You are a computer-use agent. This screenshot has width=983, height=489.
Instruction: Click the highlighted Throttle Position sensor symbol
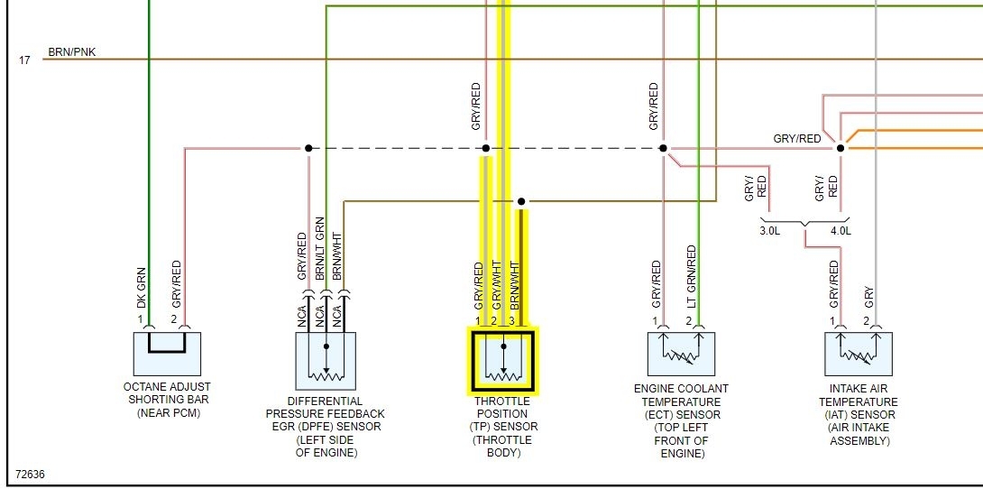tap(502, 362)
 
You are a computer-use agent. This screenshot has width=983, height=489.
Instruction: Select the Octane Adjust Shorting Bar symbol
tap(167, 354)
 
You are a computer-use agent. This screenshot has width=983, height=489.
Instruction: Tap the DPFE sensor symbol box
tap(326, 361)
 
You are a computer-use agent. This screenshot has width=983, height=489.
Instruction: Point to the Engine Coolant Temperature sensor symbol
tap(681, 354)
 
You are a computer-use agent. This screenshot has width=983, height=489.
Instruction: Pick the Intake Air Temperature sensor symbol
tap(859, 354)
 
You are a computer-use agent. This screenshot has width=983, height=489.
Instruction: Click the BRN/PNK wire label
tap(71, 52)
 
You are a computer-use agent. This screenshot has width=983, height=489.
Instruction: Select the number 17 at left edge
tap(24, 60)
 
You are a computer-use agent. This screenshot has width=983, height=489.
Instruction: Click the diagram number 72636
tap(30, 474)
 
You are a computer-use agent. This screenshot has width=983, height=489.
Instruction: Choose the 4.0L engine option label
tap(841, 231)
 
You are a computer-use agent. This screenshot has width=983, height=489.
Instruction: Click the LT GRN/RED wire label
tap(692, 275)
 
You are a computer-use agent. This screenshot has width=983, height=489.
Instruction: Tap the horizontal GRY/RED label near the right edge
tap(797, 139)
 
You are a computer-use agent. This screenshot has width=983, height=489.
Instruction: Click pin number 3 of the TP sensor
tap(511, 321)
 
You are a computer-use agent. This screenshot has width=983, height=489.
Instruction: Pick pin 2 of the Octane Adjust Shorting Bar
tap(174, 319)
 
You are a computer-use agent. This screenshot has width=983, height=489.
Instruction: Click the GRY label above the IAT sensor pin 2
tap(869, 299)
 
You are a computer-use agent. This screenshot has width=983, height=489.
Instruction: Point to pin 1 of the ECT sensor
tap(656, 320)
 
